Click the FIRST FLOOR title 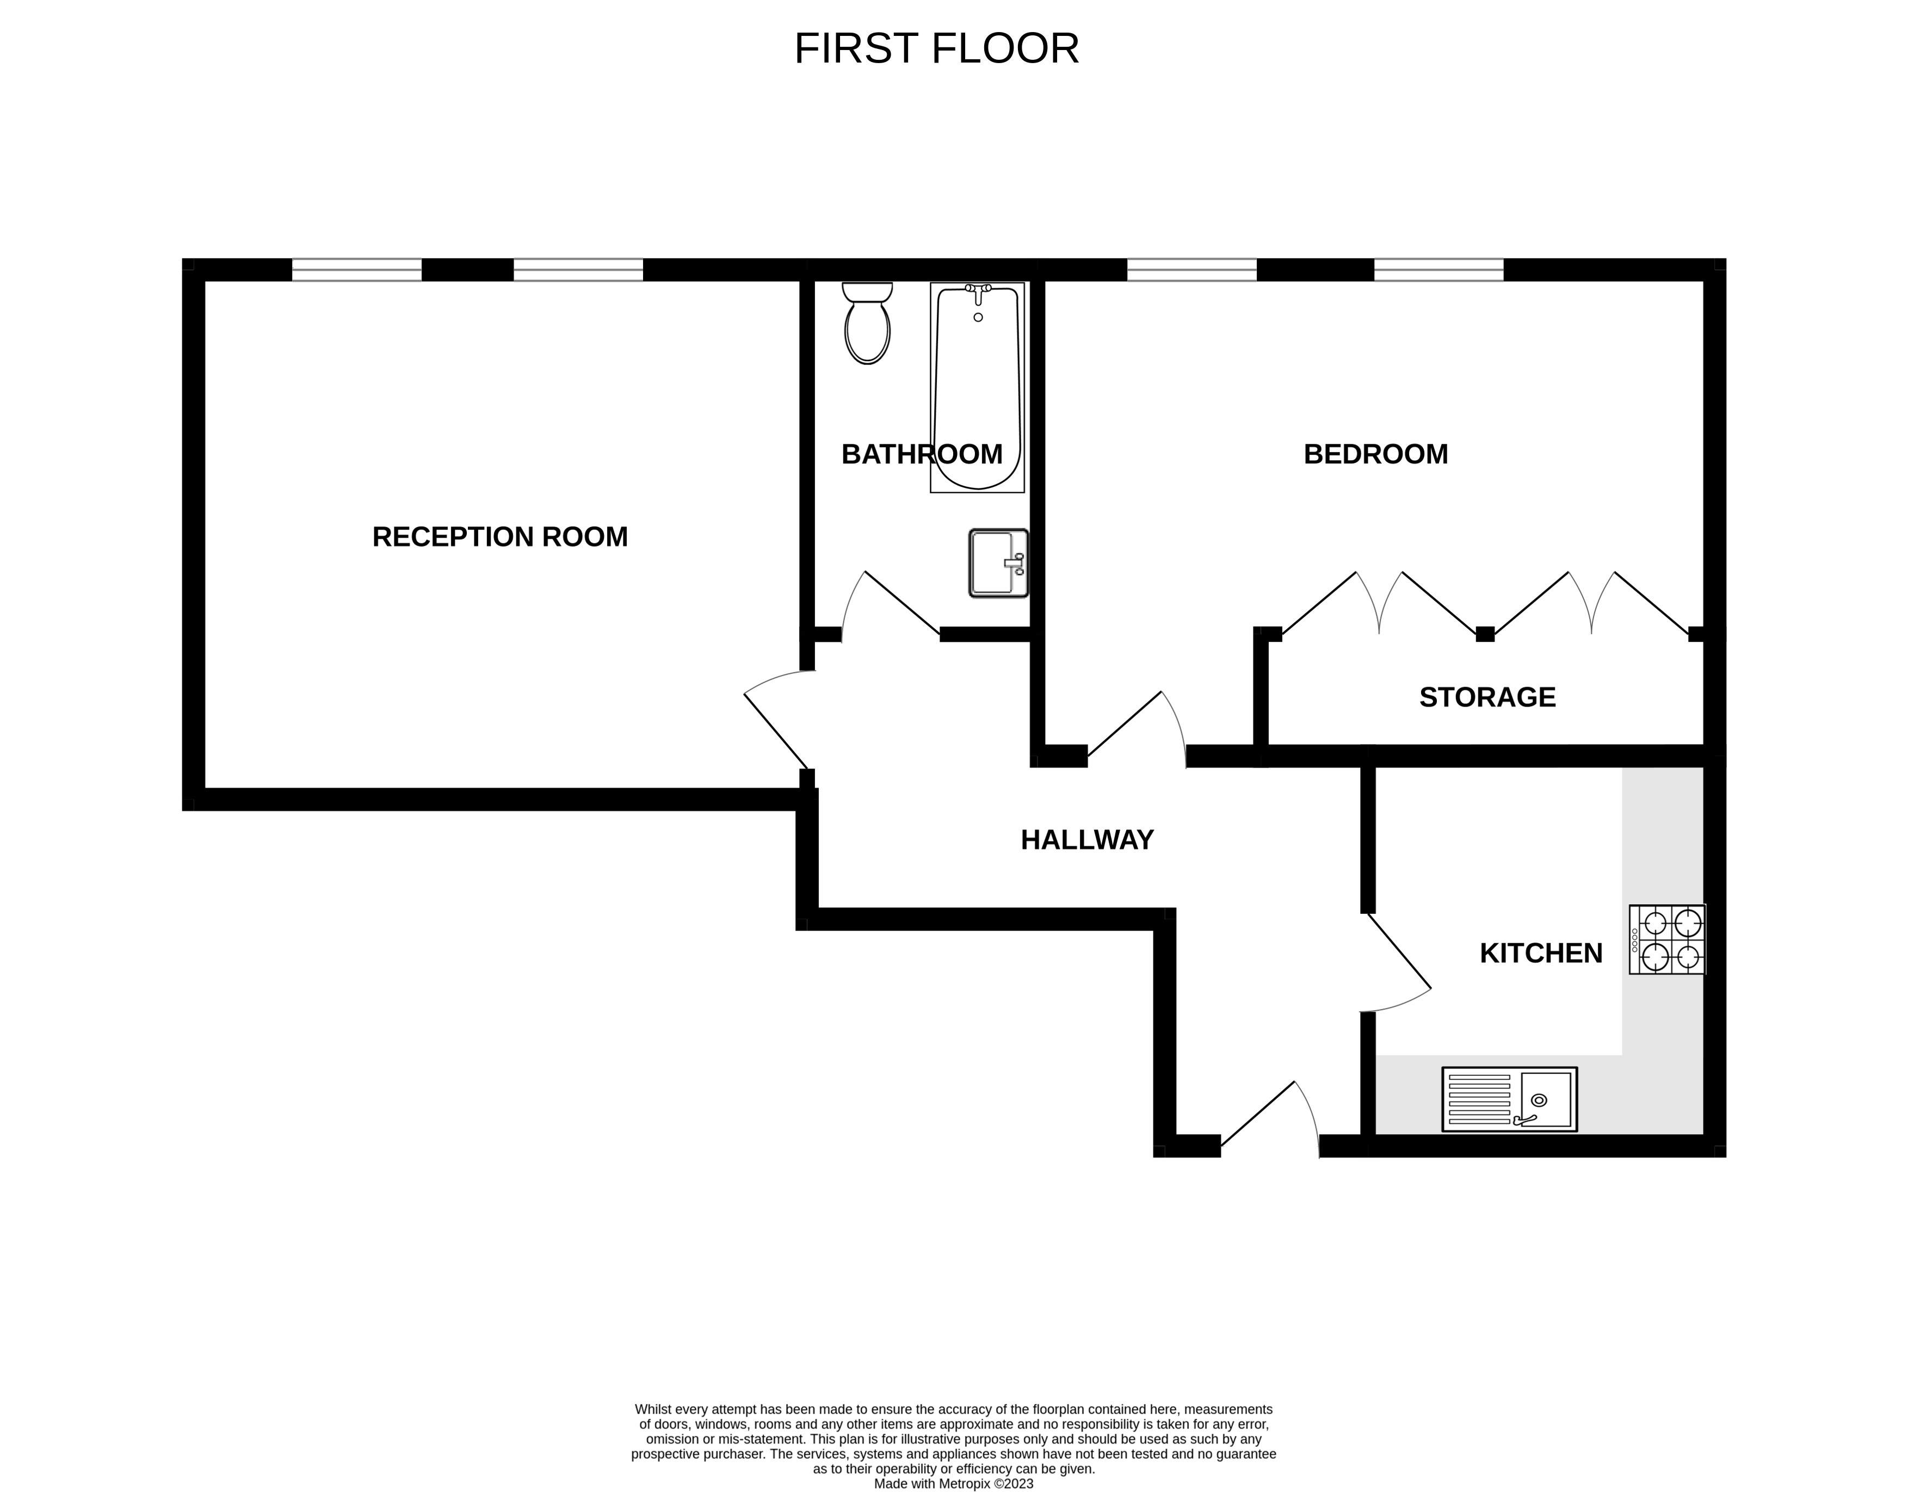pyautogui.click(x=936, y=49)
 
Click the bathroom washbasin pyautogui.click(x=998, y=564)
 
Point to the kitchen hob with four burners pyautogui.click(x=1667, y=939)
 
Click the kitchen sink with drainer pyautogui.click(x=1510, y=1099)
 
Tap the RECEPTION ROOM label pyautogui.click(x=499, y=536)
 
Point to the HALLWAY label pyautogui.click(x=1087, y=839)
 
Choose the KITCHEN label pyautogui.click(x=1541, y=953)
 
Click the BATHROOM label pyautogui.click(x=922, y=454)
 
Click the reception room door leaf pyautogui.click(x=776, y=731)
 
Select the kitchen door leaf pyautogui.click(x=1399, y=950)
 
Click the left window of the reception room pyautogui.click(x=356, y=270)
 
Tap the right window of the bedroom pyautogui.click(x=1439, y=270)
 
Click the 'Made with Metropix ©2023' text pyautogui.click(x=954, y=1483)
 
